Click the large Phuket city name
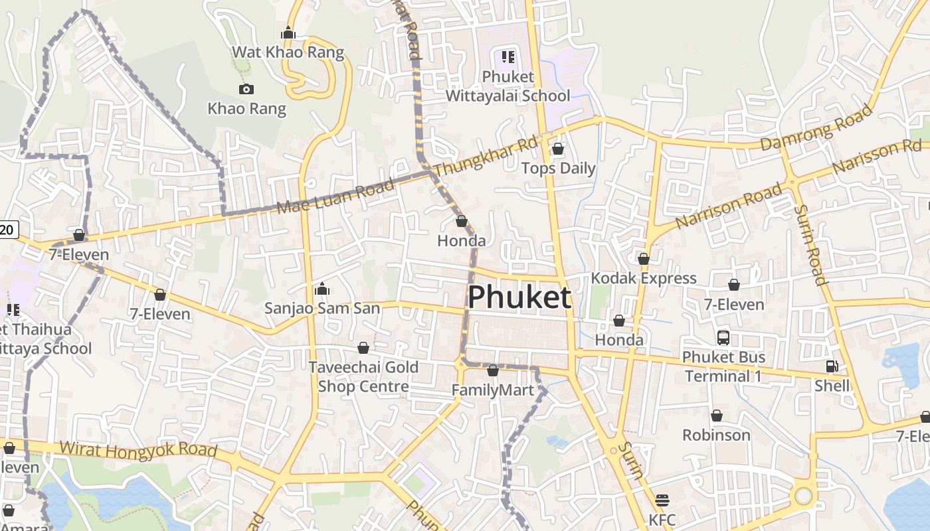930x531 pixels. (x=519, y=297)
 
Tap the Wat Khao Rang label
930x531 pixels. (x=288, y=52)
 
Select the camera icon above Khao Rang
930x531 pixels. (x=246, y=89)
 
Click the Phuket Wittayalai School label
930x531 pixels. (x=508, y=86)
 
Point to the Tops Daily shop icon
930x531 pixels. (x=558, y=149)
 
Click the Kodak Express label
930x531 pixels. (x=643, y=278)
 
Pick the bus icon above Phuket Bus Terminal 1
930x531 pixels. (x=723, y=338)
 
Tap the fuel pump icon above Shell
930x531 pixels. (x=832, y=366)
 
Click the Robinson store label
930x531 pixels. (x=716, y=435)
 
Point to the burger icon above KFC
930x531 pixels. (x=662, y=500)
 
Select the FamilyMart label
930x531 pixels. (x=492, y=390)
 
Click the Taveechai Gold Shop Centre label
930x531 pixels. (x=363, y=376)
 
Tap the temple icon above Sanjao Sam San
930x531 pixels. (x=322, y=289)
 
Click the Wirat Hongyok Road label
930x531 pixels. (x=138, y=449)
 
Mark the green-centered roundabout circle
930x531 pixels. (x=803, y=496)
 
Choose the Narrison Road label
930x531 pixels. (x=729, y=206)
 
